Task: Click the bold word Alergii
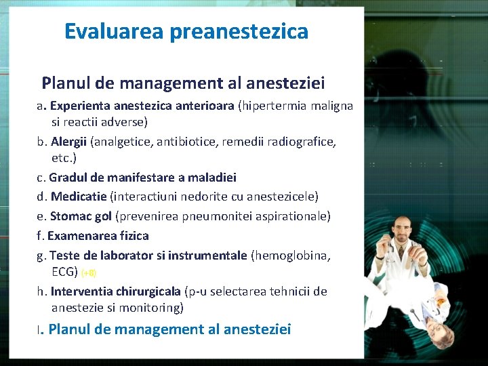(x=69, y=142)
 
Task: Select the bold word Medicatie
(x=79, y=197)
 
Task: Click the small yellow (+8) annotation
(x=89, y=273)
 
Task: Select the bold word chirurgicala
(x=149, y=291)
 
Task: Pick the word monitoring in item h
(x=154, y=308)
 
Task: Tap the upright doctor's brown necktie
(x=404, y=258)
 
